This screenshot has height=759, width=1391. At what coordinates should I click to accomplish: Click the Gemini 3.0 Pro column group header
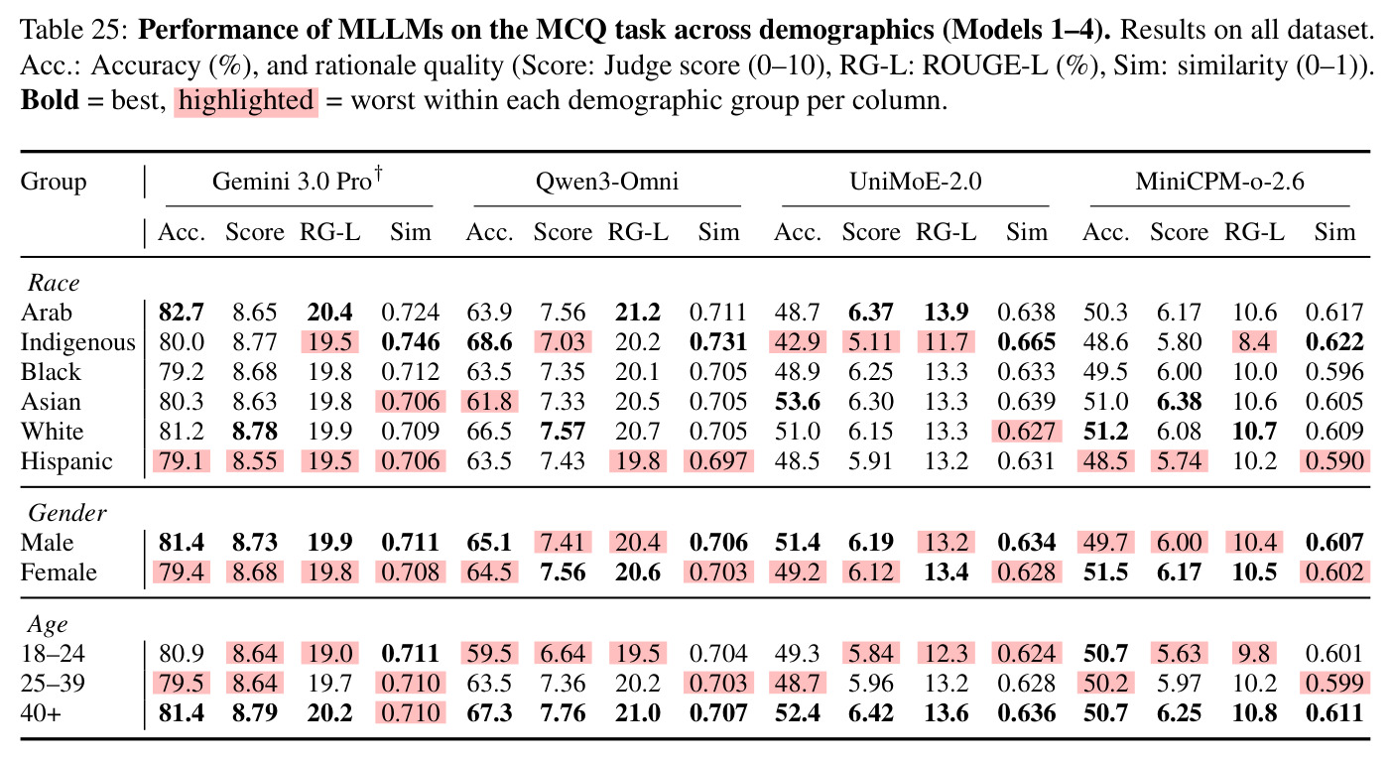298,181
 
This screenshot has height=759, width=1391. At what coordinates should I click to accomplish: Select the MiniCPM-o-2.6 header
1219,182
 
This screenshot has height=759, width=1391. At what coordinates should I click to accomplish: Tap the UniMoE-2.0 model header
916,182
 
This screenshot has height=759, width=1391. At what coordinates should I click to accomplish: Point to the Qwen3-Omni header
606,182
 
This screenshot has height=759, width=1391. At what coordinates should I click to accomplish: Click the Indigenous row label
77,342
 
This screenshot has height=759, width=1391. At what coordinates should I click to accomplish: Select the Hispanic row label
66,461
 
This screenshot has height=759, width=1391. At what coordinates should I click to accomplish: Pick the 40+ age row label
41,713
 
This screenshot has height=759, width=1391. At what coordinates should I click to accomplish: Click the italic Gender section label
67,513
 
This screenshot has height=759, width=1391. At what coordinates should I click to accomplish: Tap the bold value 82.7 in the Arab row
182,312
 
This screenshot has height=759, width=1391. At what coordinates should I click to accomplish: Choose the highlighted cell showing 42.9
798,341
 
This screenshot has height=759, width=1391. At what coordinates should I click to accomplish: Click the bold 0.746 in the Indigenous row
411,341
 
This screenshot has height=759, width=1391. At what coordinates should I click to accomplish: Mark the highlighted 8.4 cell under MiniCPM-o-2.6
1254,341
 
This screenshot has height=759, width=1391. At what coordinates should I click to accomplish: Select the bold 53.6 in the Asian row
798,401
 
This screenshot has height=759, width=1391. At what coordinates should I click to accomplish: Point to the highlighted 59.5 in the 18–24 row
489,654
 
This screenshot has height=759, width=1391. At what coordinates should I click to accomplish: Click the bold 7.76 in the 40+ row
563,713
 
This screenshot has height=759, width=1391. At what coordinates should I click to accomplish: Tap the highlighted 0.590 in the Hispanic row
1334,461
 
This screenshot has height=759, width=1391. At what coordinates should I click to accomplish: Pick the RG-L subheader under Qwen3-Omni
638,232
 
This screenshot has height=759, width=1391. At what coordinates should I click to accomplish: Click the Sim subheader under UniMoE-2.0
1027,232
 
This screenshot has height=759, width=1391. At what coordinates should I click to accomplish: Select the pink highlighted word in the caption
246,100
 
